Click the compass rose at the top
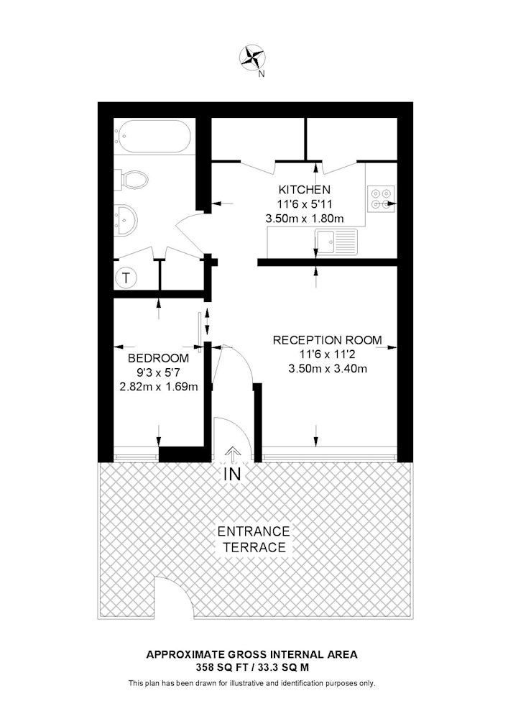(x=252, y=57)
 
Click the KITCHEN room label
(x=305, y=189)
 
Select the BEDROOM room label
(x=159, y=358)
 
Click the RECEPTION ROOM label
(x=327, y=340)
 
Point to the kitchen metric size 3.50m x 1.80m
(x=305, y=219)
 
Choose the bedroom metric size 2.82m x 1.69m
(x=159, y=387)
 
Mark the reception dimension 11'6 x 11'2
(x=328, y=354)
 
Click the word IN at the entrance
(x=233, y=474)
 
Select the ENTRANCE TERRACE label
(x=254, y=539)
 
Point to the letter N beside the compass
(x=262, y=74)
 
